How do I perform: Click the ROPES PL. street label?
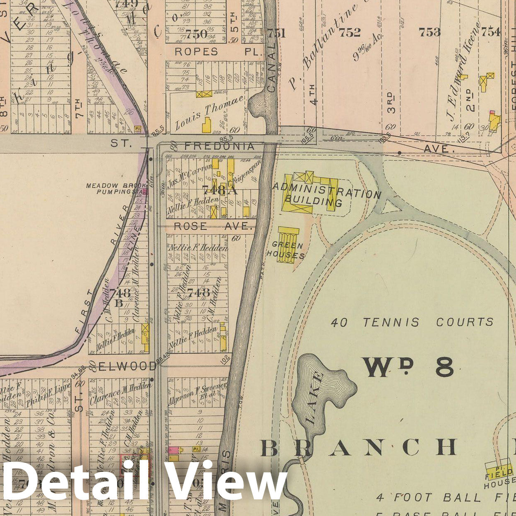[219, 52]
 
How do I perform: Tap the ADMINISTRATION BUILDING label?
[326, 194]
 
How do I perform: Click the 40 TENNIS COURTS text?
[412, 322]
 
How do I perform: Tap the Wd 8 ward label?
[408, 367]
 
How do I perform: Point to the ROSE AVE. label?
[213, 227]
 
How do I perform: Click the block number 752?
[350, 32]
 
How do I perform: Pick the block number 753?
[429, 32]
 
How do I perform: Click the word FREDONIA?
[219, 146]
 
